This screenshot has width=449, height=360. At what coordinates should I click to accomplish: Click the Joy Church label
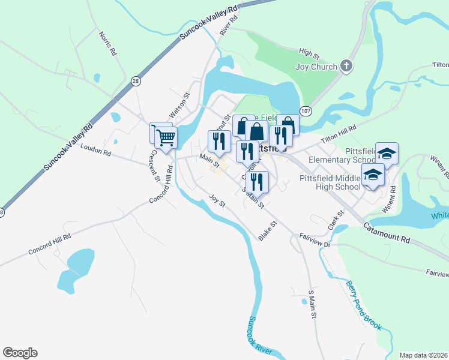pyautogui.click(x=316, y=67)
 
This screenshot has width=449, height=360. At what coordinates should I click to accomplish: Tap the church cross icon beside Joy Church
pyautogui.click(x=346, y=66)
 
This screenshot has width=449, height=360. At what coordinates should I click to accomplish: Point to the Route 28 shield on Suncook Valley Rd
pyautogui.click(x=136, y=81)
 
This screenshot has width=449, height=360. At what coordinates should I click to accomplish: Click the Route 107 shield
pyautogui.click(x=306, y=111)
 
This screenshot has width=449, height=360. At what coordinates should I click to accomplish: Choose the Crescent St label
pyautogui.click(x=154, y=165)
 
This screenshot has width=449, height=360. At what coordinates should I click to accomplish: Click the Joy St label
pyautogui.click(x=217, y=200)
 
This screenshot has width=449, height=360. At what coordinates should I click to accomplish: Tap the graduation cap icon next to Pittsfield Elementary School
pyautogui.click(x=387, y=154)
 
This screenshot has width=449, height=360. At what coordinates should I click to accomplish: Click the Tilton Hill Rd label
pyautogui.click(x=338, y=136)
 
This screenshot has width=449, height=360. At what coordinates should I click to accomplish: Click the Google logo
pyautogui.click(x=20, y=353)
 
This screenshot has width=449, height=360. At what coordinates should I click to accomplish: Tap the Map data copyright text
pyautogui.click(x=423, y=355)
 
